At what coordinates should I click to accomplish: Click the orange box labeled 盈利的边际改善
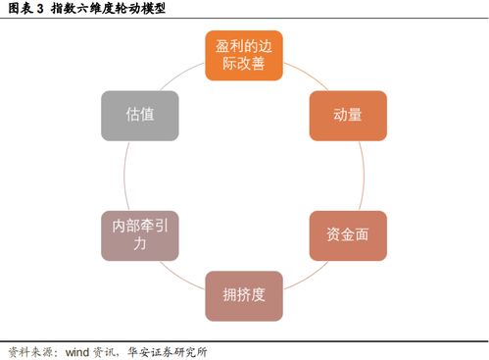pyautogui.click(x=244, y=55)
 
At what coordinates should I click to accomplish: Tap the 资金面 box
pyautogui.click(x=349, y=235)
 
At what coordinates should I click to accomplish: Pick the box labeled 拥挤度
pyautogui.click(x=244, y=295)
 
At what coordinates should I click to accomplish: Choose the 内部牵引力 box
pyautogui.click(x=140, y=235)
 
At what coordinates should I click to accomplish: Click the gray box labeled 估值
pyautogui.click(x=140, y=115)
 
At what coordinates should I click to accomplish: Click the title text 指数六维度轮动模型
pyautogui.click(x=108, y=9)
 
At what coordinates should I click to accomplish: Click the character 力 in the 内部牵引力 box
pyautogui.click(x=140, y=245)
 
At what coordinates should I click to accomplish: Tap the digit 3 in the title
pyautogui.click(x=39, y=9)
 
